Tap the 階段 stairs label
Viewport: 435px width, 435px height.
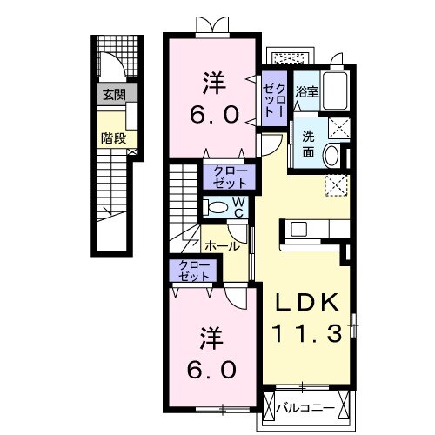click(112, 137)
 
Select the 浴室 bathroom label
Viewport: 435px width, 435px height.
click(305, 91)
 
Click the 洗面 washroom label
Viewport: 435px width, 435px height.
click(311, 143)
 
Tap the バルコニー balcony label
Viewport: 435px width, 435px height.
click(311, 406)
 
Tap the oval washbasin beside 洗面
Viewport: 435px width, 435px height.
click(332, 155)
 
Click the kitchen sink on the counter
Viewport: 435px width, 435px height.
click(299, 230)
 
